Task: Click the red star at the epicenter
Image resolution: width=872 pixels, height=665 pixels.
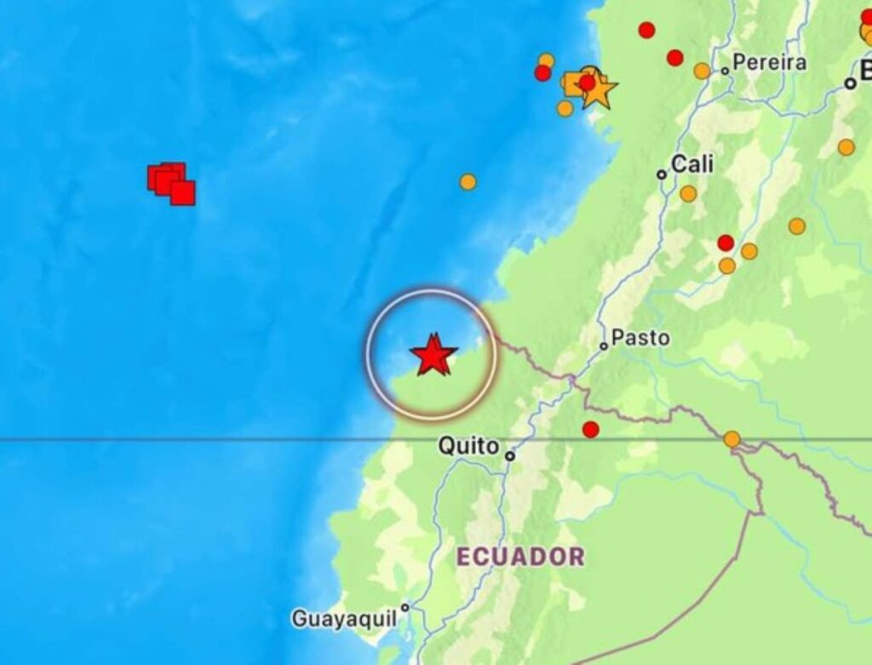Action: coord(433,356)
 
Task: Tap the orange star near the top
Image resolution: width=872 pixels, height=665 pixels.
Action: coord(597,89)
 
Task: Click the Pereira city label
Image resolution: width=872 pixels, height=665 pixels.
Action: coord(769,62)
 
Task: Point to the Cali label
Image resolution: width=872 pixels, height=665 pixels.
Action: coord(692,164)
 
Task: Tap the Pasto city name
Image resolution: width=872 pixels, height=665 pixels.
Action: coord(640,338)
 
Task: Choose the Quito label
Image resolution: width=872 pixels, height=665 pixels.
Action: coord(468,445)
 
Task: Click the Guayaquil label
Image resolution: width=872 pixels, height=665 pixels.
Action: coord(344,618)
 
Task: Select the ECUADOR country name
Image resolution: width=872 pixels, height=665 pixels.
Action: coord(520,557)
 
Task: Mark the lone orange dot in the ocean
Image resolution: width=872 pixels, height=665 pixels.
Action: coord(468,181)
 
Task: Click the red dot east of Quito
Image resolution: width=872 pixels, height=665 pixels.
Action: coord(590,429)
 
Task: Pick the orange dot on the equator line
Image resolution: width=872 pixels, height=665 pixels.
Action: coord(731,439)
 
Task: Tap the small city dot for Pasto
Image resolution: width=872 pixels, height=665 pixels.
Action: coord(604,346)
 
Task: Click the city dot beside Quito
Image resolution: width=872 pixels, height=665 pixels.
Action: coord(510,456)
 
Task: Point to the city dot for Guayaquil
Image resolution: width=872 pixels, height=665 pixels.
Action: coord(405,608)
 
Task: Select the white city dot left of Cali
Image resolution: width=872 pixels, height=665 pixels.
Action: coord(662,174)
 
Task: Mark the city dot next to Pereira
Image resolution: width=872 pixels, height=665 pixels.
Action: coord(725,71)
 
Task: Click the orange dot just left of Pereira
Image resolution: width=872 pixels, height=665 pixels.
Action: coord(702,71)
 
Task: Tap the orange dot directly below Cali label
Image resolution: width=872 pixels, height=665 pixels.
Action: coord(688,193)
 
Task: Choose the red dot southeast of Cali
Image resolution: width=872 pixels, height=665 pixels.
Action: coord(726,243)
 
